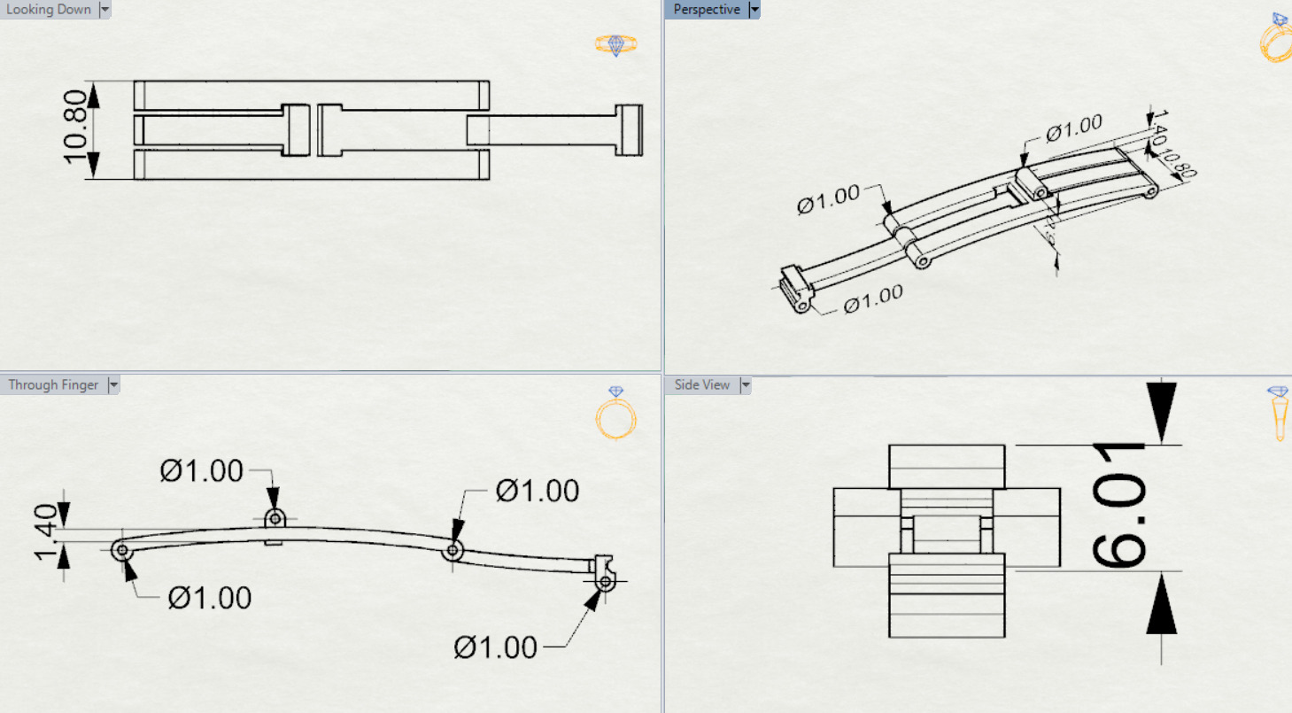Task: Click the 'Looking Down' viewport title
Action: tap(49, 10)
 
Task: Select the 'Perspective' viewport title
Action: tap(706, 10)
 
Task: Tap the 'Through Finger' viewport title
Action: tap(54, 385)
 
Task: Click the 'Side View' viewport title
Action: tap(702, 385)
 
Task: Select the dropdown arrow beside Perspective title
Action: tap(754, 10)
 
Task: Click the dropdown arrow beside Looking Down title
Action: tap(104, 10)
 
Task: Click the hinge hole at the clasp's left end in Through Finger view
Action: tap(122, 551)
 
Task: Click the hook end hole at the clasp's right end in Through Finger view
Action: tap(605, 582)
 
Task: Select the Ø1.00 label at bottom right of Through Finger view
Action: tap(496, 647)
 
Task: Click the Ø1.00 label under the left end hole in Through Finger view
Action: tap(210, 598)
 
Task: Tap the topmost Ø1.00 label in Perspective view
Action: tap(1073, 129)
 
